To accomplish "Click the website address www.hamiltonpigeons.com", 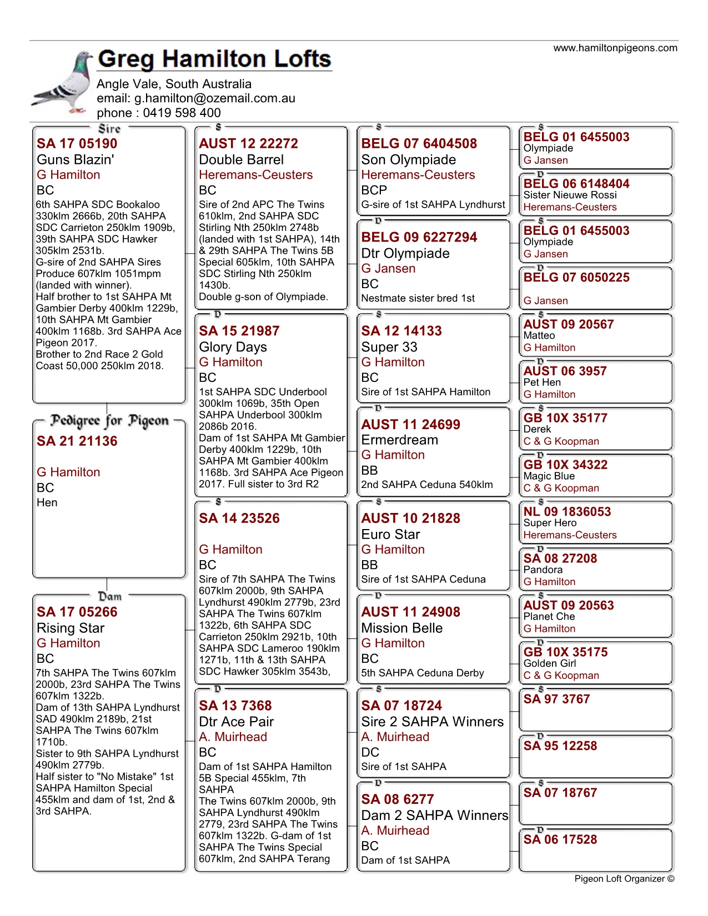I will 615,48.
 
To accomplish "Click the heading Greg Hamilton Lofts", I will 214,59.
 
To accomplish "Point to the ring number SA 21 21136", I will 77,441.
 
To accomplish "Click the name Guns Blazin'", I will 76,160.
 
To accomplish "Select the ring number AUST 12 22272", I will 248,144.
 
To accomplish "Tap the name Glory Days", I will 233,347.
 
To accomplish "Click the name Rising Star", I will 71,628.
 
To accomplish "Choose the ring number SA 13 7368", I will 235,706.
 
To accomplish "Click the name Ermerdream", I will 399,440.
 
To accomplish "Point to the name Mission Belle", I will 402,628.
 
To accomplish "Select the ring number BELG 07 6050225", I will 576,278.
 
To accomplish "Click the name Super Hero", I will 550,523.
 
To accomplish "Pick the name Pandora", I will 543,570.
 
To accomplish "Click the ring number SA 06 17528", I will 560,839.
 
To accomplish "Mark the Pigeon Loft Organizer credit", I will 624,879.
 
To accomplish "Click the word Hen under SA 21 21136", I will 47,502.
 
